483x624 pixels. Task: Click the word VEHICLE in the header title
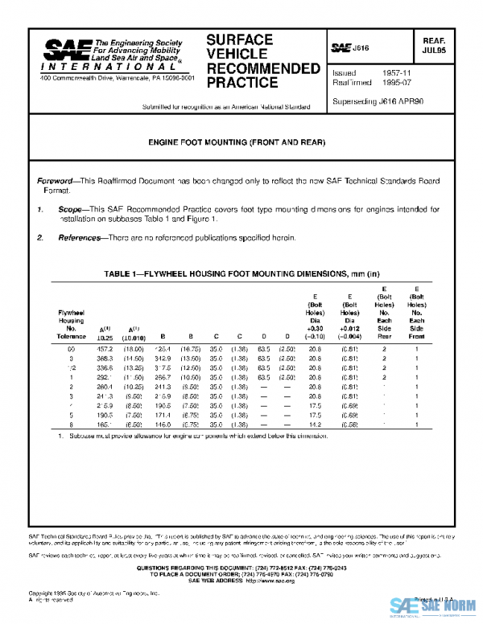pos(234,53)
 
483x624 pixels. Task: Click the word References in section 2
pos(80,238)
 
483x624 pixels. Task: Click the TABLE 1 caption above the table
pos(237,274)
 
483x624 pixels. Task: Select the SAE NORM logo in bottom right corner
pos(435,607)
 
